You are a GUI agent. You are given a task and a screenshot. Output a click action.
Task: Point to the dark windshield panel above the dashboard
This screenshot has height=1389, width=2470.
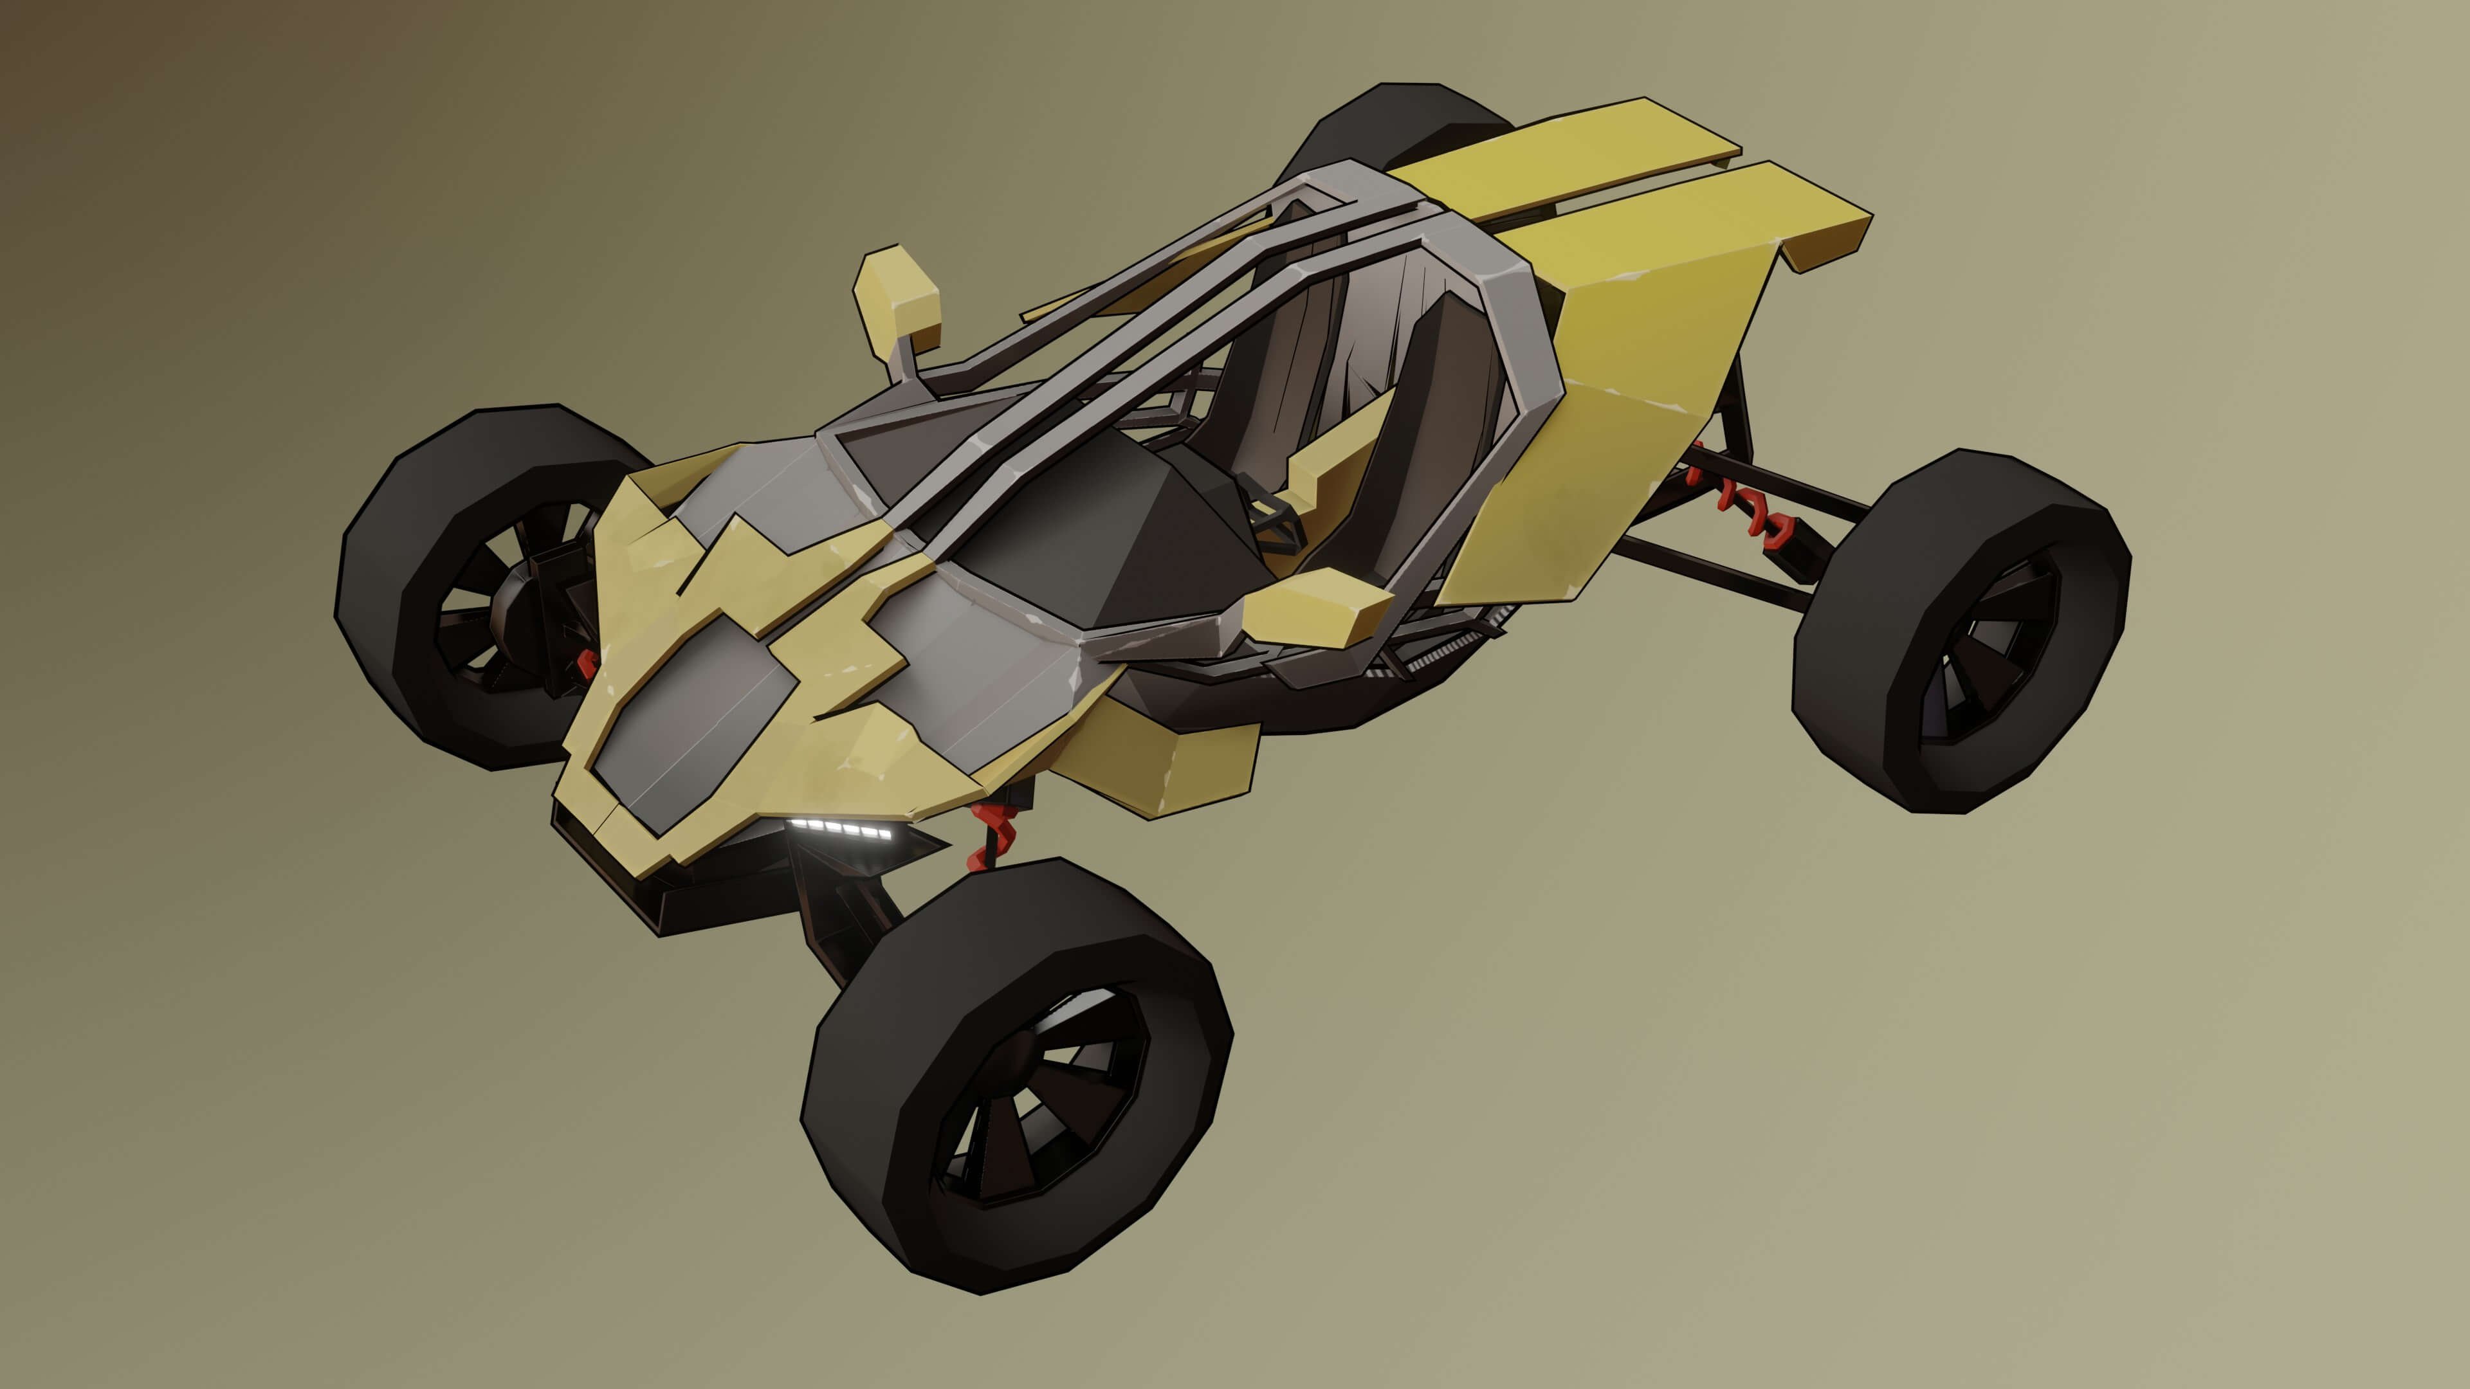point(1102,537)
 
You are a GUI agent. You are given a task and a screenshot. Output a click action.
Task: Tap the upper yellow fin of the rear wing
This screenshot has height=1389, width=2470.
point(1582,154)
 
